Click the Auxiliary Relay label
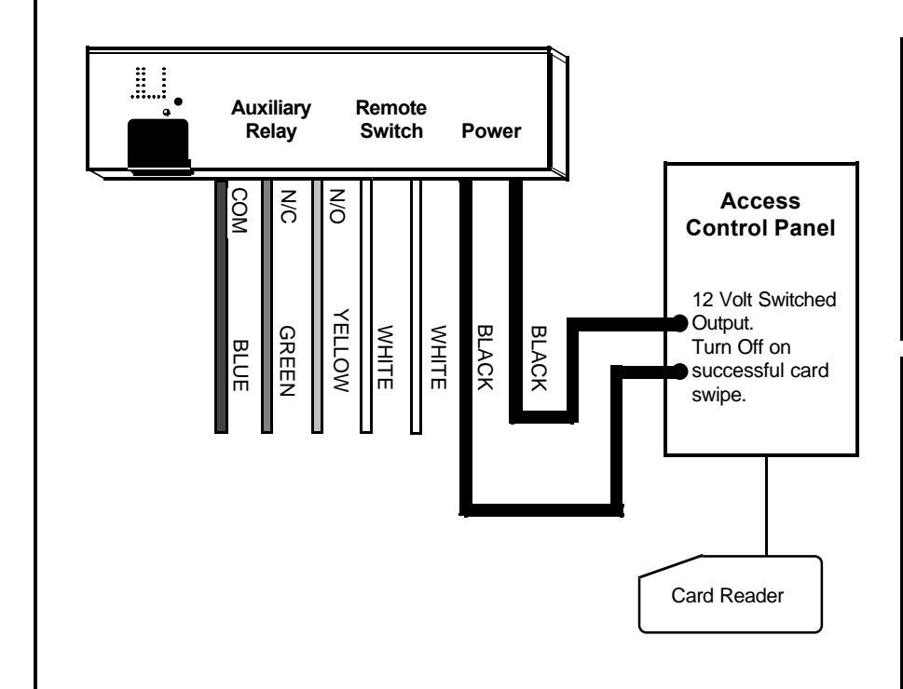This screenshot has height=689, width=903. [x=270, y=119]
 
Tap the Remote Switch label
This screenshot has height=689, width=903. [x=391, y=119]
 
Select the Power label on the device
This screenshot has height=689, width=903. [x=491, y=131]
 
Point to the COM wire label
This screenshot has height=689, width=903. [x=239, y=210]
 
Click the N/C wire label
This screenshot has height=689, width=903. [x=288, y=206]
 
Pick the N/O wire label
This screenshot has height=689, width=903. [x=337, y=206]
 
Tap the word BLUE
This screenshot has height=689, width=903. [x=240, y=366]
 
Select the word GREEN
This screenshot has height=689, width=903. [x=287, y=361]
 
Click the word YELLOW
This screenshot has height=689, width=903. [x=340, y=350]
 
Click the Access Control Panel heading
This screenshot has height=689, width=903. [x=760, y=214]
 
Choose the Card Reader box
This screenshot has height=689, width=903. [x=731, y=594]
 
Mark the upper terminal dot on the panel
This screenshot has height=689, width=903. [x=680, y=323]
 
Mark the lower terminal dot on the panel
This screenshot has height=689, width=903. [x=680, y=372]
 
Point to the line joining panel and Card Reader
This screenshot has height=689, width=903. [x=767, y=506]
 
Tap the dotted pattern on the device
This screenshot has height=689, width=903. [x=149, y=83]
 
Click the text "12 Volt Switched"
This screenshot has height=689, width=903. [x=764, y=300]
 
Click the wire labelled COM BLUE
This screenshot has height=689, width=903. [x=221, y=306]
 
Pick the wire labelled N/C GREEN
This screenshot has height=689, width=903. [x=267, y=306]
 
